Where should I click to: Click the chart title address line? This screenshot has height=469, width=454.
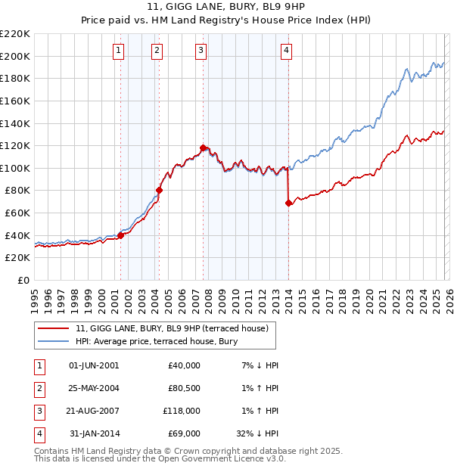coord(226,8)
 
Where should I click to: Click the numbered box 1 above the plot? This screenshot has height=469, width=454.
coord(120,51)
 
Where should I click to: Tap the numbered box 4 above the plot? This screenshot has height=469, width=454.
coord(287,51)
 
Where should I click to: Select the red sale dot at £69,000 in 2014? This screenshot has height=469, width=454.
coord(289,203)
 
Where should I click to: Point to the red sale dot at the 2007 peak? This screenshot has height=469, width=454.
coord(203,148)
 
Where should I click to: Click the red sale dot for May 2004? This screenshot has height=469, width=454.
coord(160,190)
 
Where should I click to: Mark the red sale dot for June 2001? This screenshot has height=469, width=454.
coord(120,235)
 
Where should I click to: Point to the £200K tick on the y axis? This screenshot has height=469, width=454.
coord(15,56)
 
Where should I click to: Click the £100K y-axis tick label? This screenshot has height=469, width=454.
coord(15,168)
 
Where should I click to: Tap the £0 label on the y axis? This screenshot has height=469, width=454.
coord(23,281)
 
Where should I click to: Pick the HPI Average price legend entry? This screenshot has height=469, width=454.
coord(157,342)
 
